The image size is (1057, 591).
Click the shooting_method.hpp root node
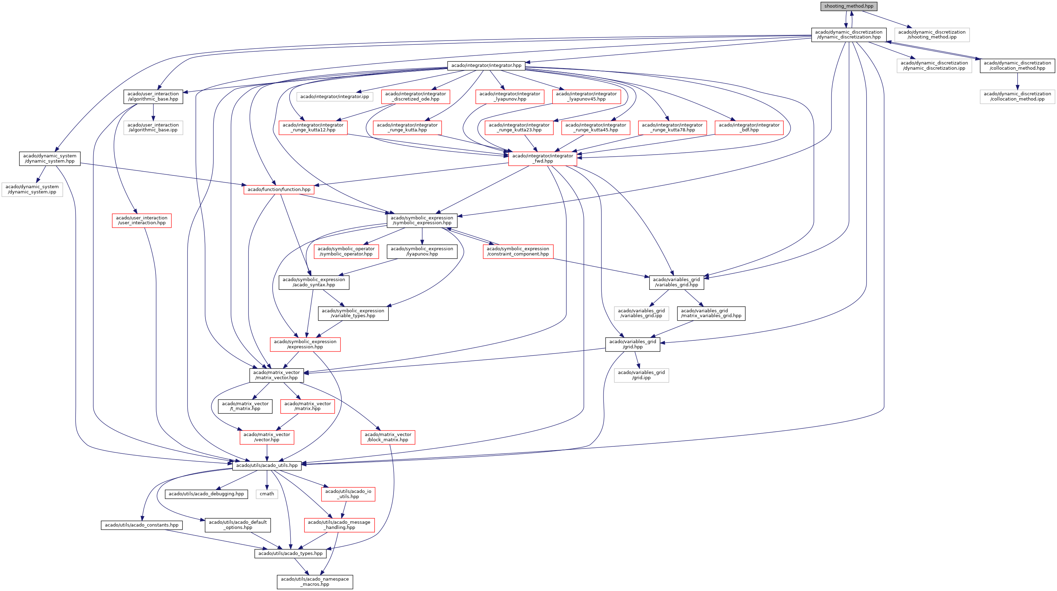tap(848, 6)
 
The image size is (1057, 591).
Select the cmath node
tap(267, 494)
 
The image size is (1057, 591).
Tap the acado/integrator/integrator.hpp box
tap(486, 65)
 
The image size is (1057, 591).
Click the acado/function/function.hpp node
tap(279, 189)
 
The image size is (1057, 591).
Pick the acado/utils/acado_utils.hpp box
tap(267, 466)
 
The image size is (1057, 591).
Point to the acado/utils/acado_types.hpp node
tap(291, 553)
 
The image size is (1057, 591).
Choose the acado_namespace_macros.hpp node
tap(315, 582)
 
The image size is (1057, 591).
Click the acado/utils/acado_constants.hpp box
tap(142, 525)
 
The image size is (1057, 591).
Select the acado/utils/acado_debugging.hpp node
tap(206, 494)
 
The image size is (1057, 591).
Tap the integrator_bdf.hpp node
tap(749, 127)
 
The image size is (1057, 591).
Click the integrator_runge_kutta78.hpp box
tap(672, 127)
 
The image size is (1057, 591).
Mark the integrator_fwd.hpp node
tap(543, 158)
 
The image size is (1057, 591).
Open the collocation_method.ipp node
tap(1017, 96)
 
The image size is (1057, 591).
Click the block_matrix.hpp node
tap(388, 437)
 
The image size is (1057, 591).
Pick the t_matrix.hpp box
tap(245, 406)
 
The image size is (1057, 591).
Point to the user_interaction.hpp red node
tap(142, 220)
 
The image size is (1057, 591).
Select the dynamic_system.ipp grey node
tap(32, 189)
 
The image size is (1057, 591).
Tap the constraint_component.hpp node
tap(518, 251)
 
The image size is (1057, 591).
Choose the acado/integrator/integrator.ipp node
tap(334, 96)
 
